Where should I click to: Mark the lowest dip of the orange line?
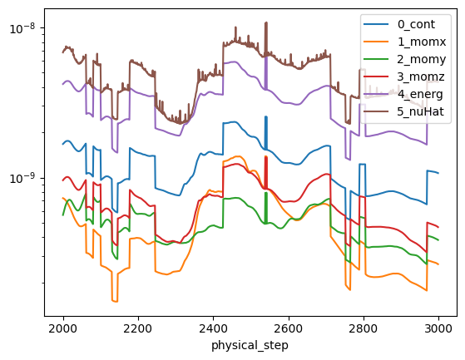click(x=115, y=301)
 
